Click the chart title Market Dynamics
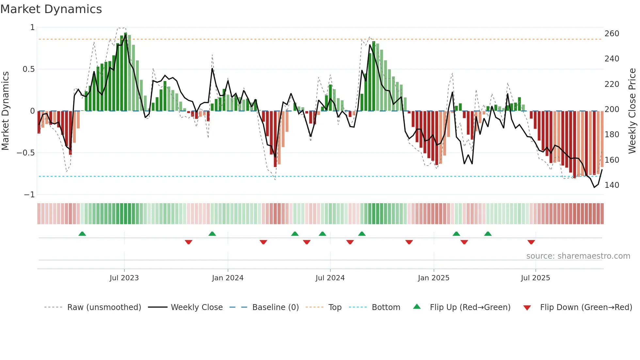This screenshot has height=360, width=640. pos(51,9)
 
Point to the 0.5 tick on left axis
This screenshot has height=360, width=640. pos(28,69)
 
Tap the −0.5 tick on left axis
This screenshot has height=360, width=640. pos(26,153)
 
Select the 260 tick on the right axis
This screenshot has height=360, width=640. pos(612,34)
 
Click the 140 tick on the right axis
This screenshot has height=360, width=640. pos(612,185)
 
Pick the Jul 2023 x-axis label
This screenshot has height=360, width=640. pos(124,278)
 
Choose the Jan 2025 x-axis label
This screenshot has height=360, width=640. pos(434,278)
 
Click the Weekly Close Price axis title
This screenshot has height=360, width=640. pos(632,111)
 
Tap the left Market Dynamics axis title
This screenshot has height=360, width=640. pos(5,111)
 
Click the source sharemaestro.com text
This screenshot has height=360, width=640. pos(578,256)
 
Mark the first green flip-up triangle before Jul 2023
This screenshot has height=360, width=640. pos(82,234)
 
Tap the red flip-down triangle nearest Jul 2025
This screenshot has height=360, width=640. pos(531,242)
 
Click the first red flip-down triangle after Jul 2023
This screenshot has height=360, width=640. pos(188,242)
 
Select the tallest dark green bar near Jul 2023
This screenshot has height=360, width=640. pos(126,72)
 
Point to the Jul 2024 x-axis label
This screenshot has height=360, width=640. pos(330,278)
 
